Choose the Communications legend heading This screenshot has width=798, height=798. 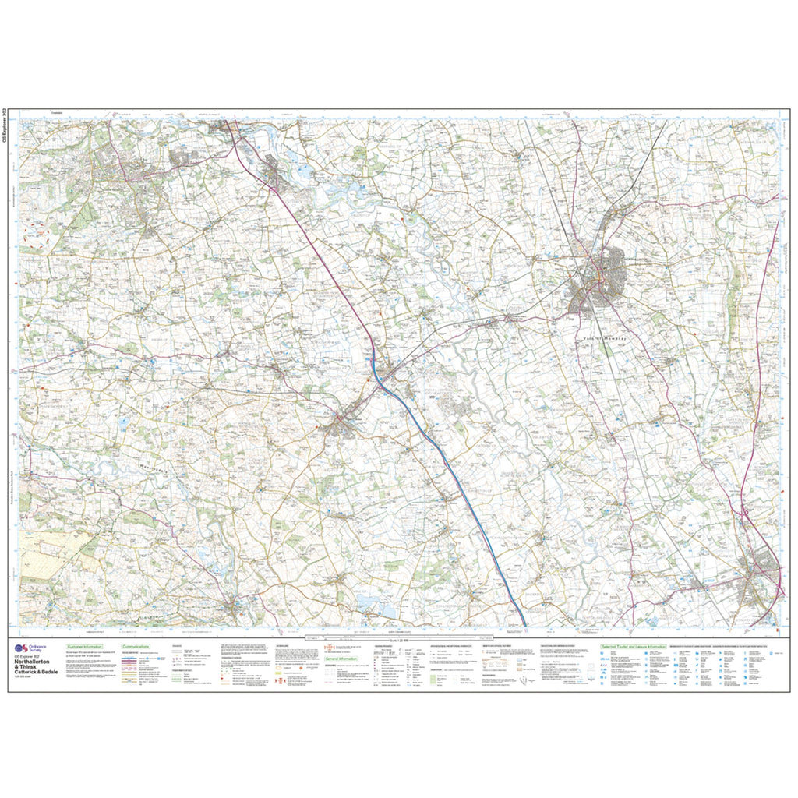(136, 647)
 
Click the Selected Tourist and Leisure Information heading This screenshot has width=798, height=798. (633, 647)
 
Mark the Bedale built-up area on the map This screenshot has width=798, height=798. (341, 425)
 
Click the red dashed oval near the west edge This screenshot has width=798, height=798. (36, 231)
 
